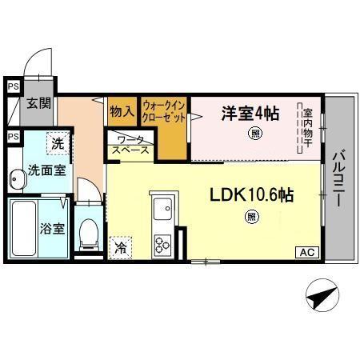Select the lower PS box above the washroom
[12, 137]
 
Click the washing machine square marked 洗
[57, 144]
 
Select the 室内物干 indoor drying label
[308, 128]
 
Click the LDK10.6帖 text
[250, 195]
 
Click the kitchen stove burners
[163, 243]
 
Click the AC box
[307, 253]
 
